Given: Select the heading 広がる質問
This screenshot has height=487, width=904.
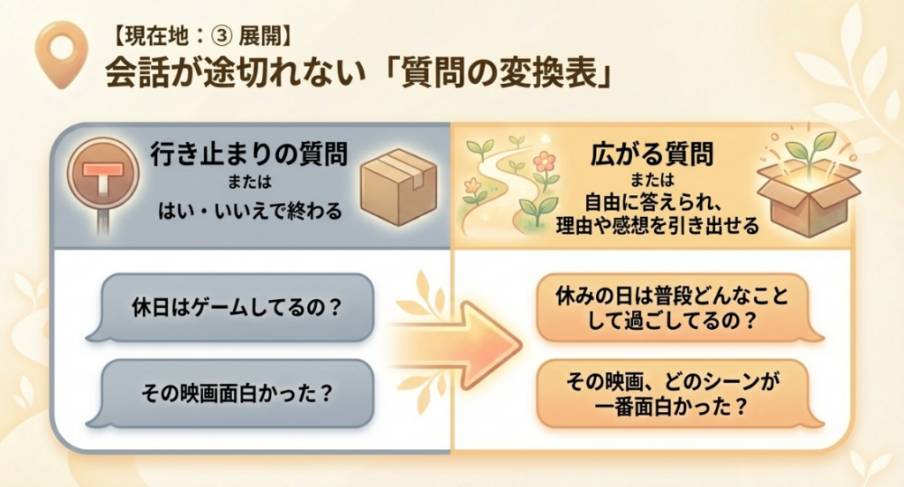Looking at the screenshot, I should [x=651, y=156].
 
